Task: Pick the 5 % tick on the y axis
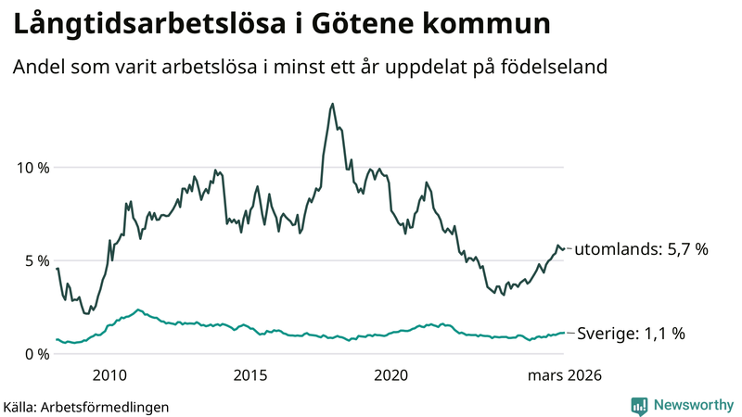[x=38, y=260]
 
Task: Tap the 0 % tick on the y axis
[x=38, y=354]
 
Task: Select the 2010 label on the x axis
[x=109, y=375]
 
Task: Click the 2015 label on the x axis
[x=249, y=375]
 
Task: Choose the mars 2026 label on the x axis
[x=565, y=375]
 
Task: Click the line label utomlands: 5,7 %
[x=642, y=249]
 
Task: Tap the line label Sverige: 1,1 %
[x=631, y=334]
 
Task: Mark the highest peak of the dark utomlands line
[x=332, y=104]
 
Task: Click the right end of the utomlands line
[x=565, y=248]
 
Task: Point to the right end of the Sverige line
[x=565, y=333]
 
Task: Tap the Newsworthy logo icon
[x=639, y=405]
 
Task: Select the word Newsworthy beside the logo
[x=693, y=405]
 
